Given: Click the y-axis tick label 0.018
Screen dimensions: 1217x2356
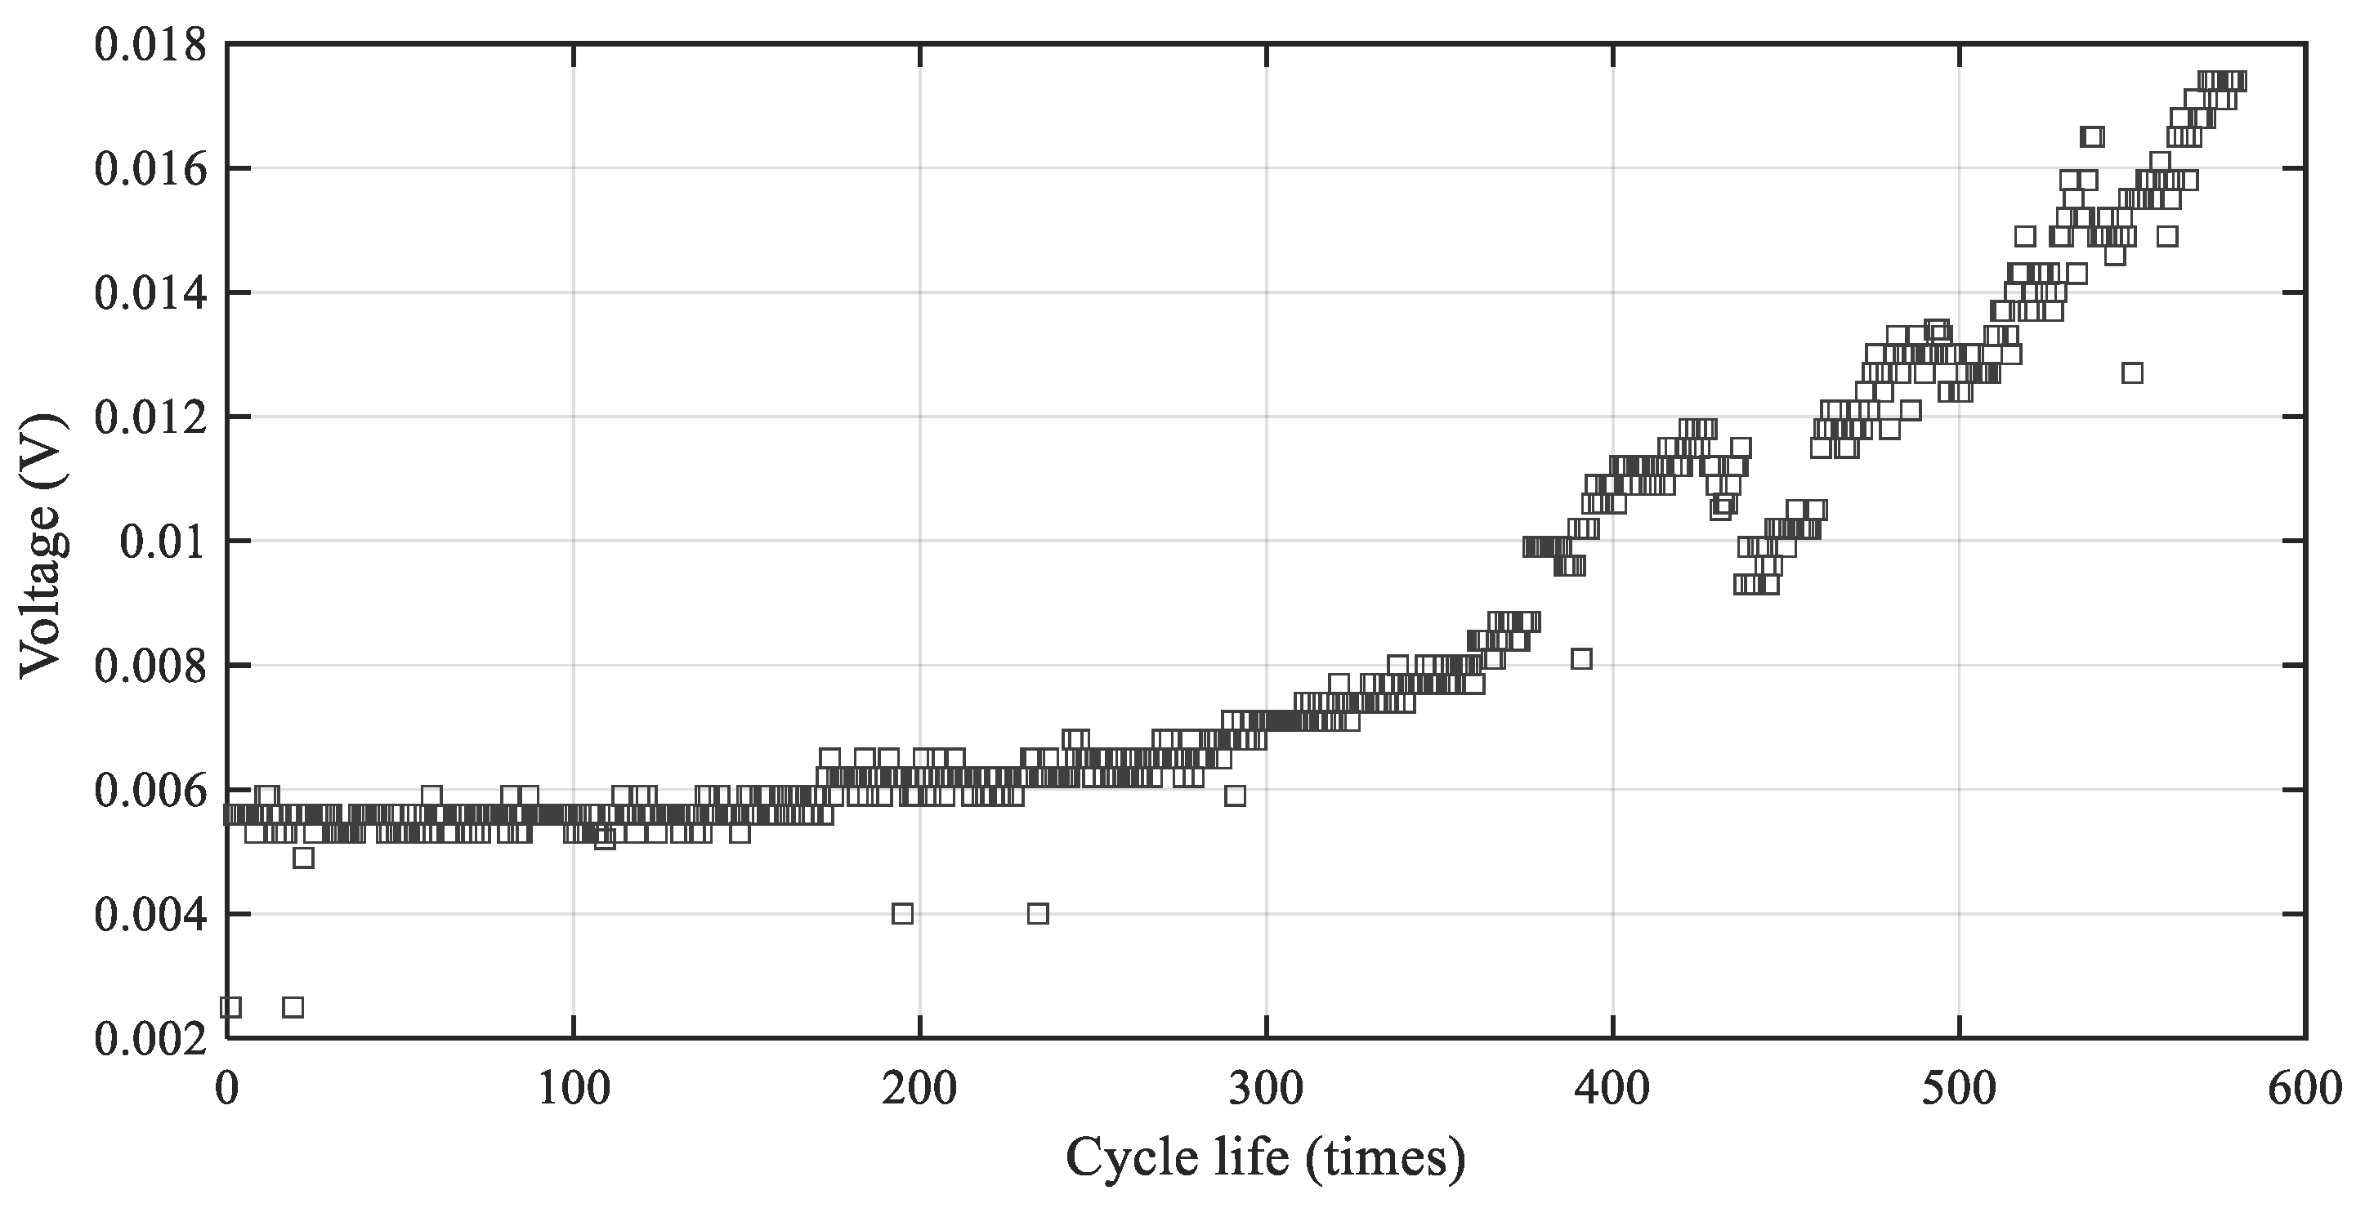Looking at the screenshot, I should (x=151, y=45).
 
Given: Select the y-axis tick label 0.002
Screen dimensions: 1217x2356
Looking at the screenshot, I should (x=151, y=1040).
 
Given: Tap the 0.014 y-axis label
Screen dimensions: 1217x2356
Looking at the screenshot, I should (x=151, y=293).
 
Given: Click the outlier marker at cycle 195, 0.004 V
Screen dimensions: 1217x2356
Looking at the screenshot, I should (x=903, y=914).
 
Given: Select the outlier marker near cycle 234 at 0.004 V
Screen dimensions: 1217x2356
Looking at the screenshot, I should (x=1038, y=914).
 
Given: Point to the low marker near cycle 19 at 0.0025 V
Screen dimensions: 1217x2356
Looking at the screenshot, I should (x=293, y=1008).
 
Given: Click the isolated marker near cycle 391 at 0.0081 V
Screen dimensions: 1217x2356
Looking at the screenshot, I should (x=1581, y=659).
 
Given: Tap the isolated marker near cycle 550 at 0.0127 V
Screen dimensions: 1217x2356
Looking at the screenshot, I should (x=2132, y=373).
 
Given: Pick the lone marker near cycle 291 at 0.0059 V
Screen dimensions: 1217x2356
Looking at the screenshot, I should (x=1235, y=796).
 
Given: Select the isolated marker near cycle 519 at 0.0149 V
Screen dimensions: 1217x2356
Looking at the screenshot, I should (x=2025, y=236).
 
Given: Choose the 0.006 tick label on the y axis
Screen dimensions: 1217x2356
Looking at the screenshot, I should (x=151, y=791).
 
